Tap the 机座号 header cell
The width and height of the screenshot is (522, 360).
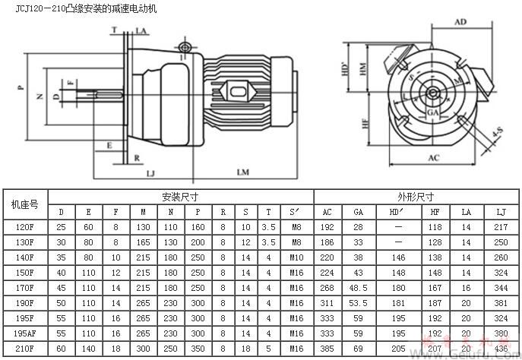click(25, 203)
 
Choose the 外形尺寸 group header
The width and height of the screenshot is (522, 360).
click(417, 195)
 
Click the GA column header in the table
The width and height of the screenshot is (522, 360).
click(357, 210)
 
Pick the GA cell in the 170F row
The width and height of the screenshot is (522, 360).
click(357, 289)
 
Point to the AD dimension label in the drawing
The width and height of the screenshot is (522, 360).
click(460, 22)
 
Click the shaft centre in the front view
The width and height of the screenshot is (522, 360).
click(431, 93)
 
